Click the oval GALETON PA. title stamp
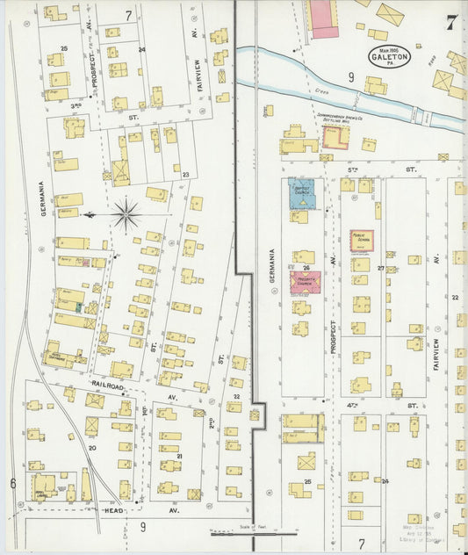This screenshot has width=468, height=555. tap(390, 57)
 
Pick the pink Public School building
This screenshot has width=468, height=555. tap(362, 241)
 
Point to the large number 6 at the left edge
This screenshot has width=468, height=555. tap(13, 483)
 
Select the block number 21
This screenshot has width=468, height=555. tap(179, 456)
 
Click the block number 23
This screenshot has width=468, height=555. tap(185, 174)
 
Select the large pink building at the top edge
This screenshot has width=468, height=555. tap(323, 18)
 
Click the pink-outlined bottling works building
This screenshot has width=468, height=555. tap(335, 137)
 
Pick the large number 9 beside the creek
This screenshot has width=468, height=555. tap(350, 77)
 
